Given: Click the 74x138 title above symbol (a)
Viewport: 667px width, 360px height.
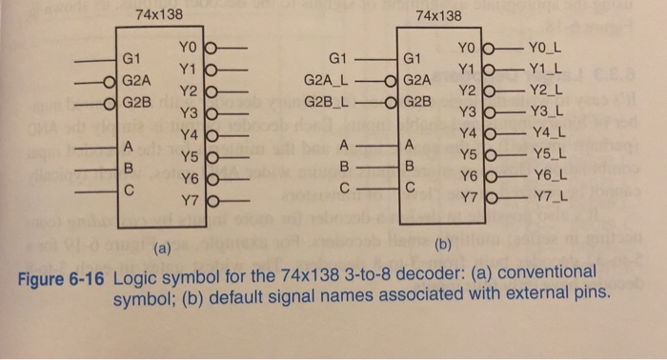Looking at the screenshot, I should tap(159, 15).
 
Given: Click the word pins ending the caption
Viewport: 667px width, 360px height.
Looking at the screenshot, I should tap(585, 291).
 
